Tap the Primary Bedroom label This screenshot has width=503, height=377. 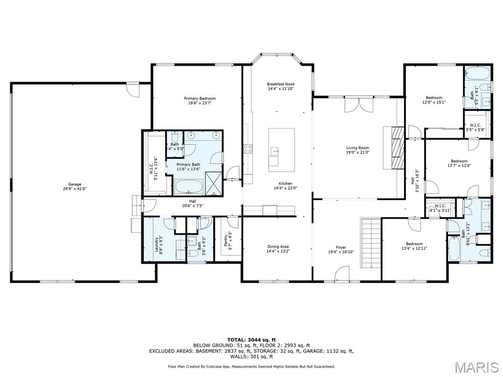click(x=200, y=101)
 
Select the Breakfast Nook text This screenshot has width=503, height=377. click(x=280, y=86)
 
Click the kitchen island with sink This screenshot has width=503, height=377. click(x=281, y=150)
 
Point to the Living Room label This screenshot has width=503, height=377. click(x=358, y=150)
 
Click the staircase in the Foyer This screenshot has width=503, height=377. click(x=371, y=243)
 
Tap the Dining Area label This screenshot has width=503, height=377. click(x=278, y=249)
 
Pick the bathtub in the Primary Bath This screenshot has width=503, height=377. click(x=189, y=187)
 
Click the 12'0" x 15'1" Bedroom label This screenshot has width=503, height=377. click(x=434, y=100)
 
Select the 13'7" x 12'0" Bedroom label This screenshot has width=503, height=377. click(x=459, y=163)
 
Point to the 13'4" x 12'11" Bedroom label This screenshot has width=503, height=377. click(x=414, y=246)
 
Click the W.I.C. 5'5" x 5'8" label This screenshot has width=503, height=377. click(x=475, y=127)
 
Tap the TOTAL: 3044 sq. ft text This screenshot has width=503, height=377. click(x=251, y=340)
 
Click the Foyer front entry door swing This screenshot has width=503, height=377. click(x=342, y=274)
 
